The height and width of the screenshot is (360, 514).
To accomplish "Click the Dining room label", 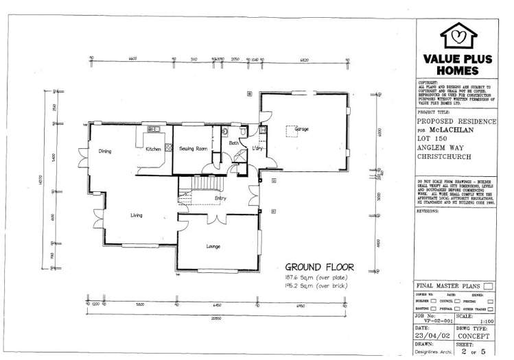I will (x=105, y=152).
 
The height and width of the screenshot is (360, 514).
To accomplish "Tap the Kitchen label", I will (x=152, y=148).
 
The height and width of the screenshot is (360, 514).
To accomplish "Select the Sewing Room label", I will (x=194, y=148).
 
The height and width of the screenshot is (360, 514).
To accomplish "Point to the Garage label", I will (x=301, y=129).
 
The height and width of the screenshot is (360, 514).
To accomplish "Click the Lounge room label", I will (x=212, y=245).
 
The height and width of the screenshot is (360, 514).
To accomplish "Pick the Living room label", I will (x=137, y=215).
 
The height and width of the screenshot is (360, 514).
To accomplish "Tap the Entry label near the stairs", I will (x=220, y=199).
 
